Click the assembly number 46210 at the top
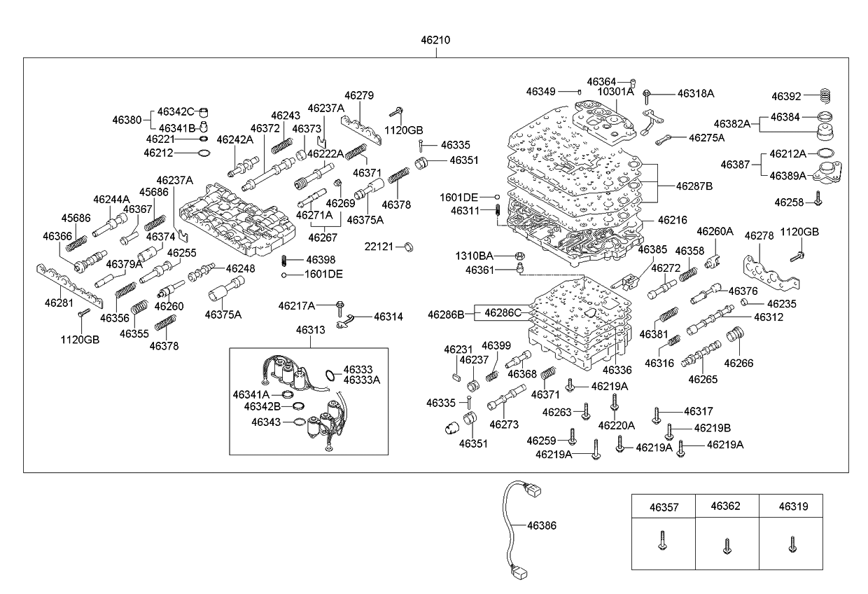click(x=435, y=41)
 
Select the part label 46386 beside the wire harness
click(x=541, y=525)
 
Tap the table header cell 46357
click(x=664, y=506)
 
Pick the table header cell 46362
click(x=727, y=506)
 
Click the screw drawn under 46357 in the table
click(x=662, y=541)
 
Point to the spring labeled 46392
click(x=828, y=95)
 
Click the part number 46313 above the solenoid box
click(x=309, y=329)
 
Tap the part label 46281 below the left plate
click(x=59, y=303)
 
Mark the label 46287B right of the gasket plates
click(x=694, y=186)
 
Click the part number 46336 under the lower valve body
click(x=617, y=369)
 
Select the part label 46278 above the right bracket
click(x=758, y=236)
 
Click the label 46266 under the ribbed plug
click(x=738, y=363)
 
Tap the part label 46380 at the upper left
click(x=127, y=120)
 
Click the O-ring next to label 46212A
click(x=826, y=153)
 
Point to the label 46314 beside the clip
click(x=388, y=317)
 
